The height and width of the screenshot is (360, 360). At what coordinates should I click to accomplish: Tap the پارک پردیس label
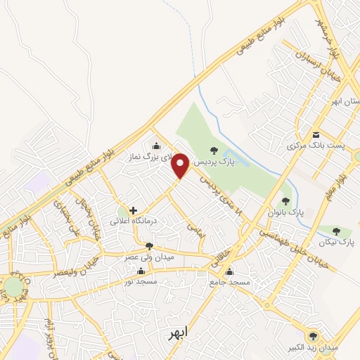tap(212, 162)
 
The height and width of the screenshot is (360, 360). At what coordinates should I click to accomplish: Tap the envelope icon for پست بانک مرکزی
tap(316, 134)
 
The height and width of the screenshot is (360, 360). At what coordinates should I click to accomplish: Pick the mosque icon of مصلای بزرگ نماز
tap(156, 146)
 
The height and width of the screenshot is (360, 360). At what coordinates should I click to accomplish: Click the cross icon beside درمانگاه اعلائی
tap(132, 210)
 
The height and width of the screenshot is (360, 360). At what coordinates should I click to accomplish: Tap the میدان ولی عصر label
tap(148, 257)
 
